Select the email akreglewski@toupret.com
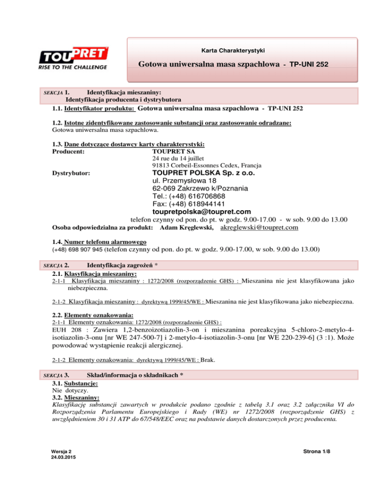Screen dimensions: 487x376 point(260,228)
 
